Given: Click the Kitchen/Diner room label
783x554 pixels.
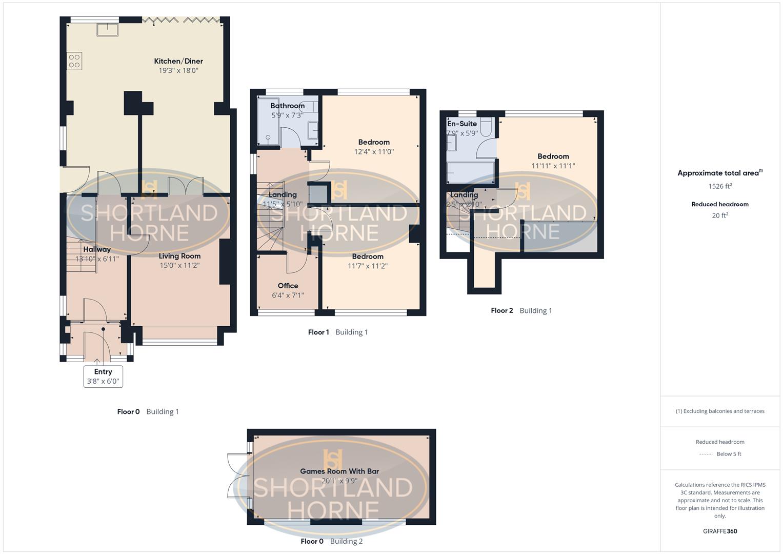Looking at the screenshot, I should (x=178, y=61).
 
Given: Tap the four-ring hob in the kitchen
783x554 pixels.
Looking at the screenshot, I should (x=74, y=61).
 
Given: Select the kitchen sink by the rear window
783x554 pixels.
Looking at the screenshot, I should (x=107, y=30).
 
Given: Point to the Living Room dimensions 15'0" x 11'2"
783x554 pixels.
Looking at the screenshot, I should (x=179, y=266).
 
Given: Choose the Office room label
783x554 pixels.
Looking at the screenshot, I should (x=288, y=286).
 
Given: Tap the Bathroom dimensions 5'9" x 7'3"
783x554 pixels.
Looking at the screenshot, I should (x=287, y=115).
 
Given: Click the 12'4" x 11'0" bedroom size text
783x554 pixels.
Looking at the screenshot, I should (x=374, y=152).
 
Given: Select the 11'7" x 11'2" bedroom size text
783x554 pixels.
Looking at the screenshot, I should (x=368, y=266).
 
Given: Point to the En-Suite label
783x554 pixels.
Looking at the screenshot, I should (x=462, y=124).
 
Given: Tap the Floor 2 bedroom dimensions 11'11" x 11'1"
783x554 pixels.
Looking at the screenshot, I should (x=553, y=166).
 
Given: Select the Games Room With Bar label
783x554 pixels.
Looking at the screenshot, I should (x=339, y=471).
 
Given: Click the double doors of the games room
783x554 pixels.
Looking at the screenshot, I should (x=237, y=475).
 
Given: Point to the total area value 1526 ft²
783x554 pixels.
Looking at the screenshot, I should (x=720, y=186).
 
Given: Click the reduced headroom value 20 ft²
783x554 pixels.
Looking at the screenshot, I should (x=720, y=215).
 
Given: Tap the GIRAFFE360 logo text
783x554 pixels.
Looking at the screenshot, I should (x=720, y=531).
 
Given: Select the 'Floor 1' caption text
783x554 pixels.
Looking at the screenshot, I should (x=318, y=332).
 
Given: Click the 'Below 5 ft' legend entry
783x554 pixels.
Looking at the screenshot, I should (x=729, y=454).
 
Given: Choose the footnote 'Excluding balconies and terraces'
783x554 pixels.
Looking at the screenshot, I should (x=720, y=411).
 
